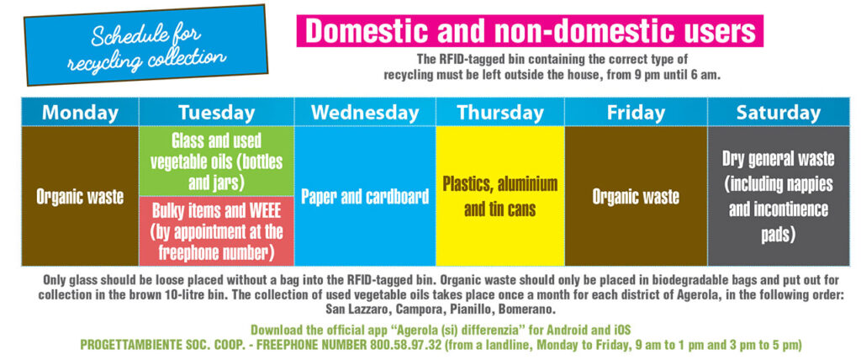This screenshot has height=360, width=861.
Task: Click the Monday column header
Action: (80, 112)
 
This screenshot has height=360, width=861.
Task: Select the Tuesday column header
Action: (216, 112)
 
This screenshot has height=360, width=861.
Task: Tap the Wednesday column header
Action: (365, 112)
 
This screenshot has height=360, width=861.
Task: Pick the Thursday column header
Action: (500, 112)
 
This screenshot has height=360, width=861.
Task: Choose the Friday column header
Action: (636, 112)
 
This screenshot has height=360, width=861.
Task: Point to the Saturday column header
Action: (779, 112)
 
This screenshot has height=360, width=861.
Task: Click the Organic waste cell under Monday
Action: (80, 196)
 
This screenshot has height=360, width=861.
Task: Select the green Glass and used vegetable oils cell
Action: (216, 161)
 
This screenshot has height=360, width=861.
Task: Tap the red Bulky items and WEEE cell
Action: (216, 231)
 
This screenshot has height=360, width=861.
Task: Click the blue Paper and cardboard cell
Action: (365, 196)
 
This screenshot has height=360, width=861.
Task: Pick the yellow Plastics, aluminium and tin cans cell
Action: (500, 196)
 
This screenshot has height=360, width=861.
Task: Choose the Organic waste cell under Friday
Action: (636, 196)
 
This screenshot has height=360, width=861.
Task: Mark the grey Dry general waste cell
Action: (779, 196)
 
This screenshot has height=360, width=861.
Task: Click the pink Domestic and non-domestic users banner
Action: (530, 31)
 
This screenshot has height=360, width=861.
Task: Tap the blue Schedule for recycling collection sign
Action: (146, 45)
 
